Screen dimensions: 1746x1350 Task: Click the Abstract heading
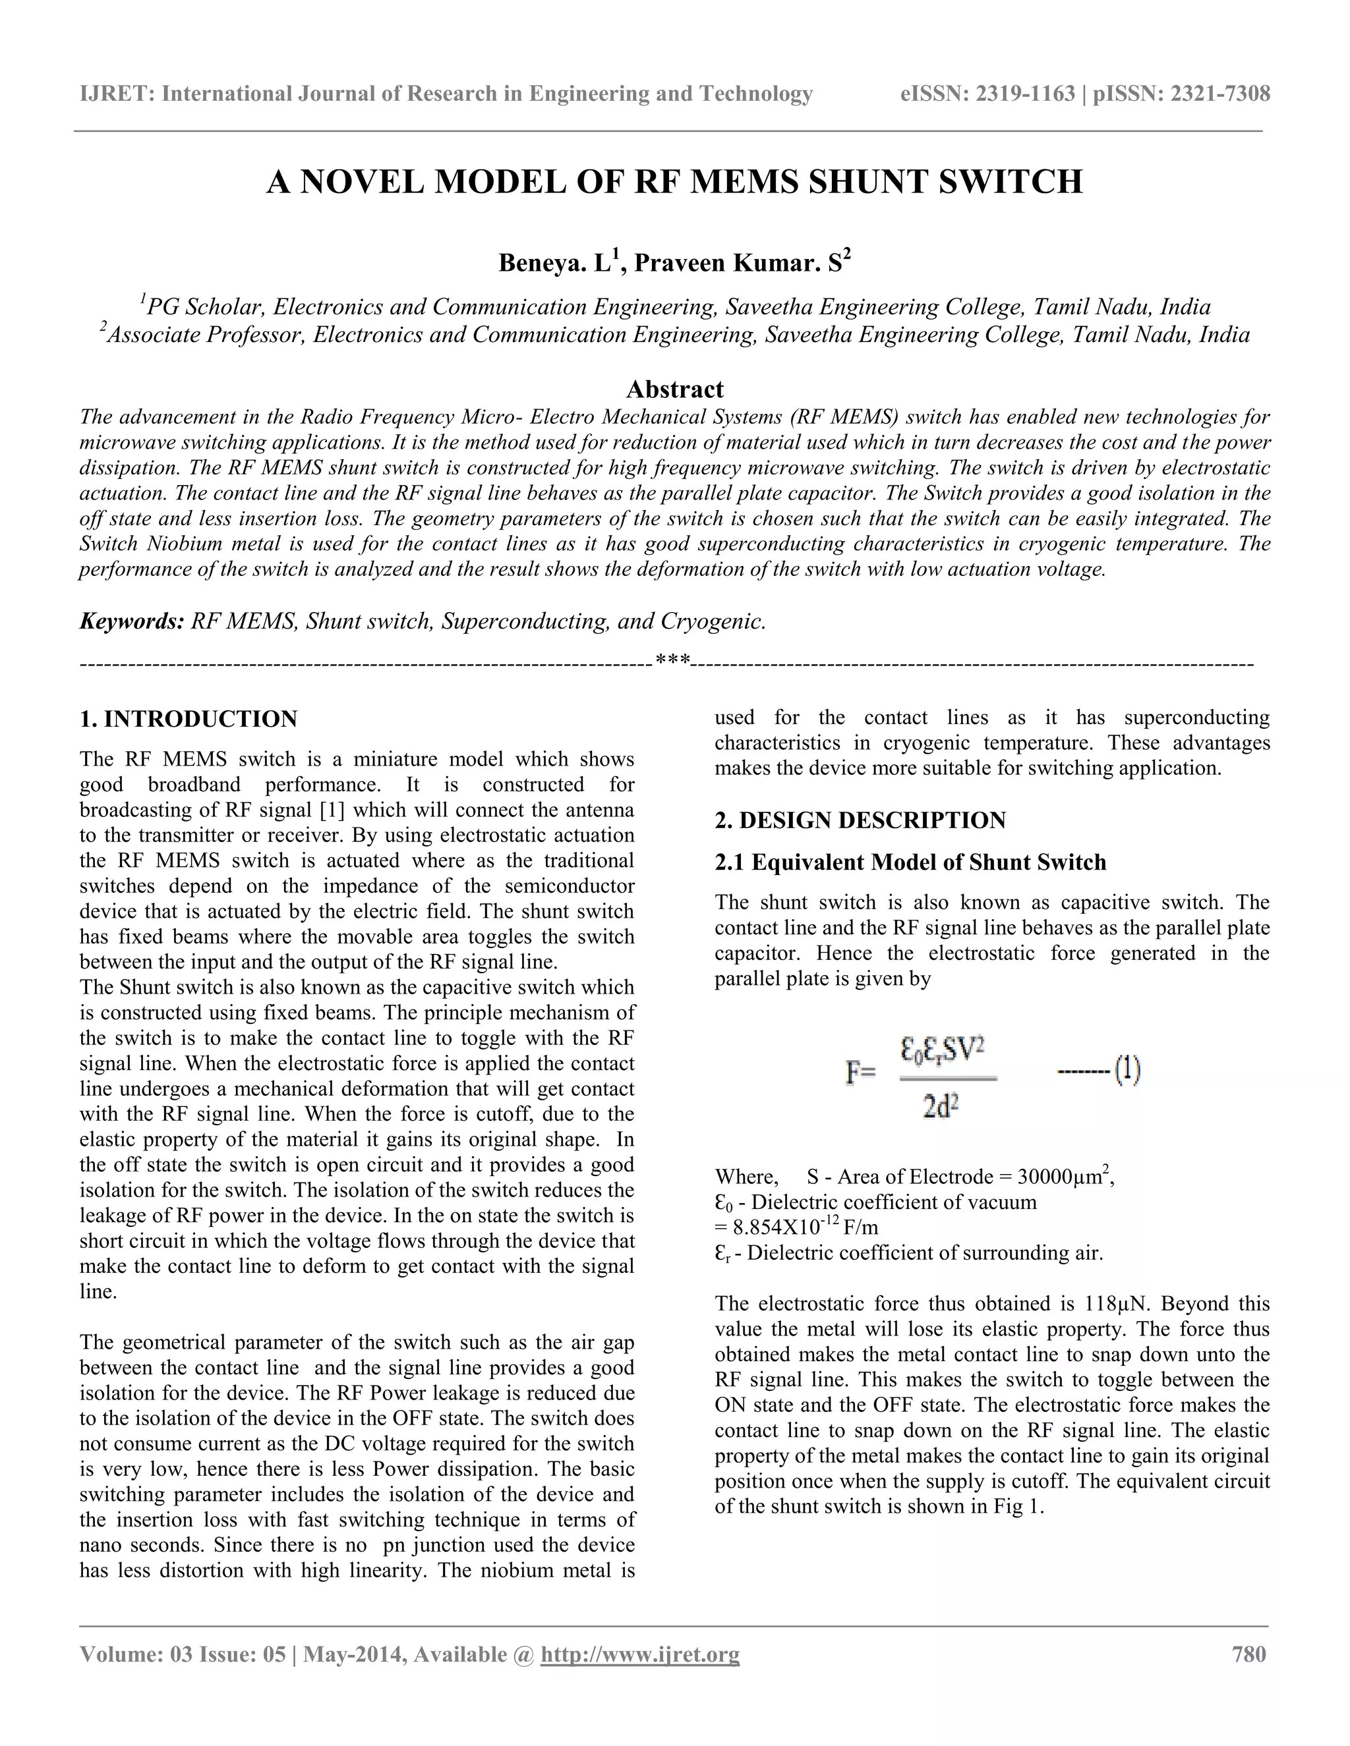coord(674,389)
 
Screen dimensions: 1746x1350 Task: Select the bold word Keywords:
coord(132,621)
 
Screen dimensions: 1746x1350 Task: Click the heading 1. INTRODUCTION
coord(189,719)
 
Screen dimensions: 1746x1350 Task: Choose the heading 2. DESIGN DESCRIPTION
coord(860,820)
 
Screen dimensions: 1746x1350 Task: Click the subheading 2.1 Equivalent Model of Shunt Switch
coord(910,862)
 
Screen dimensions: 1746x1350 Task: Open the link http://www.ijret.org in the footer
coord(640,1654)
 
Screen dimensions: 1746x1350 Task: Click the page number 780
coord(1248,1654)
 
